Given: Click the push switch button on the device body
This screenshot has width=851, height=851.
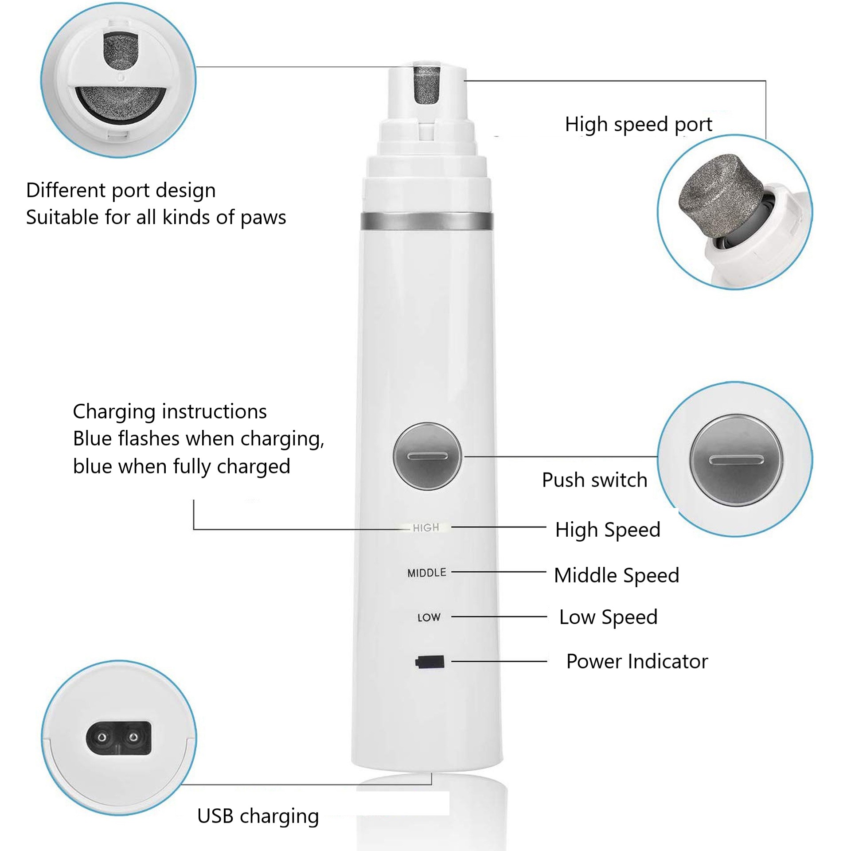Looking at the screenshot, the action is pyautogui.click(x=427, y=456).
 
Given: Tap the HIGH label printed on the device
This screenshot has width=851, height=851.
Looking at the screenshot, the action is pyautogui.click(x=426, y=527).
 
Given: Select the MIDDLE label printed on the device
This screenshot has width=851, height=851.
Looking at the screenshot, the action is pyautogui.click(x=427, y=573).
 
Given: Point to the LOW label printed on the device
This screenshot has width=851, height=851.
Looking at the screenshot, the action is pyautogui.click(x=429, y=617).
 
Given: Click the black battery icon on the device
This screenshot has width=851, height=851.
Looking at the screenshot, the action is pyautogui.click(x=429, y=662).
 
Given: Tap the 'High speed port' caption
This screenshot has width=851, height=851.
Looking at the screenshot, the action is pyautogui.click(x=638, y=125).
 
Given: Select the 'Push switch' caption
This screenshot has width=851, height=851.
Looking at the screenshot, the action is pyautogui.click(x=594, y=480).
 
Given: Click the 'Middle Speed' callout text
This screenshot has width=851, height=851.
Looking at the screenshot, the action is pyautogui.click(x=617, y=576).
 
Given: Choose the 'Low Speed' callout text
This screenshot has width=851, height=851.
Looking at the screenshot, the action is pyautogui.click(x=608, y=617).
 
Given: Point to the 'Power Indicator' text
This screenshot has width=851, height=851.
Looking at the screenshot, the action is pyautogui.click(x=637, y=661).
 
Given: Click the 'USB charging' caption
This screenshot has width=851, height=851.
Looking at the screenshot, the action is pyautogui.click(x=258, y=816).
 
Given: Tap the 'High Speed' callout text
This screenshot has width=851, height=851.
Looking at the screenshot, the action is pyautogui.click(x=608, y=530).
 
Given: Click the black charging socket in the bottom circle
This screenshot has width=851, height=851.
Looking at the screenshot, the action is pyautogui.click(x=118, y=738).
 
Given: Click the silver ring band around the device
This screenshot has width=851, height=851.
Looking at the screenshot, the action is pyautogui.click(x=427, y=221).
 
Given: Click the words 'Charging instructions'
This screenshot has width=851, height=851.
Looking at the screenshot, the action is pyautogui.click(x=170, y=411).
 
